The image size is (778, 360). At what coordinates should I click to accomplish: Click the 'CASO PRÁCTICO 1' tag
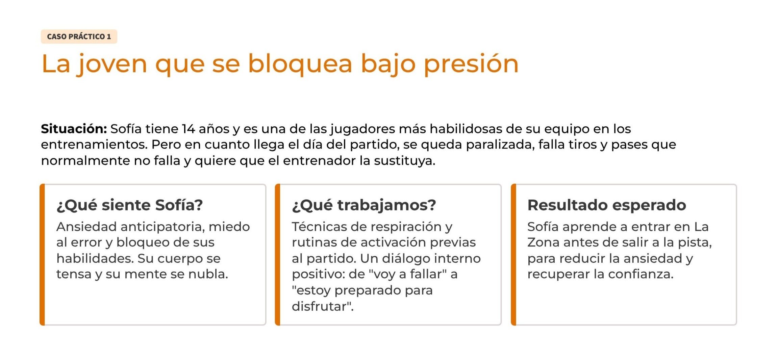tap(79, 36)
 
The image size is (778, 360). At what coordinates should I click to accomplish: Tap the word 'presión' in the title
tap(471, 64)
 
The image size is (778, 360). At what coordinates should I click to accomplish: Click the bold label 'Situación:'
tap(74, 129)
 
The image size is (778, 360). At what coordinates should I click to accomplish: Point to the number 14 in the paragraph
tap(189, 129)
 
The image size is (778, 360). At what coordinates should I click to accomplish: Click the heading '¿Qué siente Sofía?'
tap(130, 205)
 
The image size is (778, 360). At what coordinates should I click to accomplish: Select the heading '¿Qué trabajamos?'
tap(364, 205)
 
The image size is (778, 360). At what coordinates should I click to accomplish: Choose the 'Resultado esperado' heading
tap(607, 205)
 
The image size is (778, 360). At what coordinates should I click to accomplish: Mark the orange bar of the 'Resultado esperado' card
tap(513, 255)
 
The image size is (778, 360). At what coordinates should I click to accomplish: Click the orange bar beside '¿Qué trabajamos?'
tap(278, 255)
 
